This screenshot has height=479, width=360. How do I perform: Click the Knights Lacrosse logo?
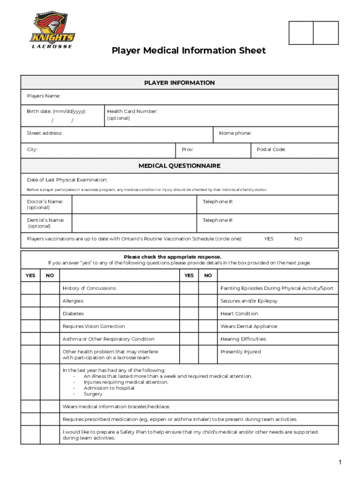pos(52,31)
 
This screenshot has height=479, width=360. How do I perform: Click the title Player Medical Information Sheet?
pos(188,51)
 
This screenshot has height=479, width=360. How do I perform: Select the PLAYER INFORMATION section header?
pos(180,83)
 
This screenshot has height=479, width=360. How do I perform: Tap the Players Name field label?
pos(43,96)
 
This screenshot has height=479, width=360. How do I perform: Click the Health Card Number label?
pos(132,111)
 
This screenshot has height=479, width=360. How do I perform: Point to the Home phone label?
pos(235,133)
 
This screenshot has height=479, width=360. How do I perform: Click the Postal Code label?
pos(271,150)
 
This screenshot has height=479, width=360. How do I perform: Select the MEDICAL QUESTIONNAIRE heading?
pos(180,166)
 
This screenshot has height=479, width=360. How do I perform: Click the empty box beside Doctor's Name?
pos(134,204)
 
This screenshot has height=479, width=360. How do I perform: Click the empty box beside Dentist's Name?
pos(134,223)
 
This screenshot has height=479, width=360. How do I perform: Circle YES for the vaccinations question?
pos(269,239)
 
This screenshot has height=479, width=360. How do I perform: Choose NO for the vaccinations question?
pos(298,239)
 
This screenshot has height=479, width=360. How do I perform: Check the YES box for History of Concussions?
pos(30,288)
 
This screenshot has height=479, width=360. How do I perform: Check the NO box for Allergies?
pos(50,301)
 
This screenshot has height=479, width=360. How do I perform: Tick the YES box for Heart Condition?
pos(189,313)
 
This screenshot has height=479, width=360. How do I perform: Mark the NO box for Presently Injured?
pos(208,352)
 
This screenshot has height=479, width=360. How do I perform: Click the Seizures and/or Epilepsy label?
pos(249,301)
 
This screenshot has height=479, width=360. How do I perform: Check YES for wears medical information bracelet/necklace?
pos(30,406)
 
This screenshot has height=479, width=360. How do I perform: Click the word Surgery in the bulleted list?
pos(93,394)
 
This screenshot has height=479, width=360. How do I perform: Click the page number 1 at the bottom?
pos(340,463)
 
